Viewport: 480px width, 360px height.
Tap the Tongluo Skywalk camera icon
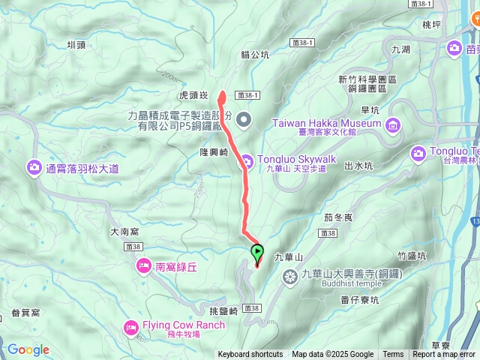[x=247, y=160]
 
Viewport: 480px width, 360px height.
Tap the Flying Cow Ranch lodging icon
[x=131, y=326]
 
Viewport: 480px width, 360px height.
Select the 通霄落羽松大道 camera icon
[x=34, y=168]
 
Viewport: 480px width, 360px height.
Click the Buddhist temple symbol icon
[x=291, y=278]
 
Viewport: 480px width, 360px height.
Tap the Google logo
[x=28, y=349]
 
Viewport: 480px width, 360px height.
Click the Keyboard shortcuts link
[x=250, y=355]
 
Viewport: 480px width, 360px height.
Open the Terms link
[x=393, y=355]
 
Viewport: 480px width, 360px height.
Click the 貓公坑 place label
[x=255, y=55]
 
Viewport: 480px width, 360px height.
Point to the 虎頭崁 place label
[x=193, y=97]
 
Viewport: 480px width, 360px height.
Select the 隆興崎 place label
[x=214, y=151]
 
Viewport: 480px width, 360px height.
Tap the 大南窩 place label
[x=125, y=232]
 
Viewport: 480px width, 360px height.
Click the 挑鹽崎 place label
[x=223, y=310]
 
